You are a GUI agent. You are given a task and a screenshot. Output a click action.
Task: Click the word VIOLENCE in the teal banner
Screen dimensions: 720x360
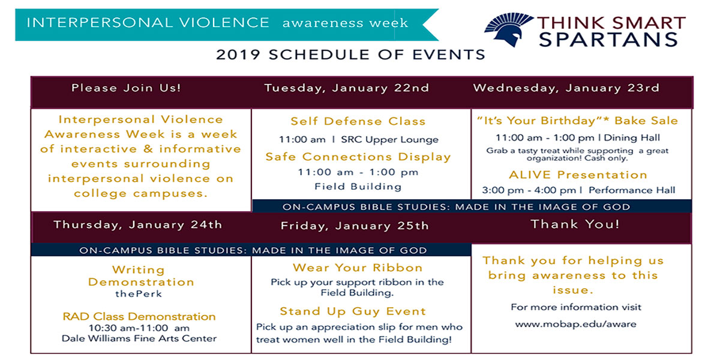point(224,23)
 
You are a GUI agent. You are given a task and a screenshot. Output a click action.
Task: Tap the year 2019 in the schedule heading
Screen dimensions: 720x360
point(238,55)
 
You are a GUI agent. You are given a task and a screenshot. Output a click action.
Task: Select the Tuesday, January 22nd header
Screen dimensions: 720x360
point(347,88)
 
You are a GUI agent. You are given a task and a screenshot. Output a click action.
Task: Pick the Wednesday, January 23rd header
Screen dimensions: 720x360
point(566,88)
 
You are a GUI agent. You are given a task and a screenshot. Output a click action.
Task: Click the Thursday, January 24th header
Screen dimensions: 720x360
point(138,224)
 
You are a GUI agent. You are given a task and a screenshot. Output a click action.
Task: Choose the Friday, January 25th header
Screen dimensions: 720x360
point(355,226)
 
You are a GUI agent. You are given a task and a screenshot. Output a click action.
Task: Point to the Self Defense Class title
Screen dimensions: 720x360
point(358,121)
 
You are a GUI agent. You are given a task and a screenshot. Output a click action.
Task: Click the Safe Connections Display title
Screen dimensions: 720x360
point(358,157)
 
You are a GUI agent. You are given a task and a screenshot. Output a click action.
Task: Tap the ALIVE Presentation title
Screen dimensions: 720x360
point(578,175)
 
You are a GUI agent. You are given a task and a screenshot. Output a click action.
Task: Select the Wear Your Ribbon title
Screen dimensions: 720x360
point(358,268)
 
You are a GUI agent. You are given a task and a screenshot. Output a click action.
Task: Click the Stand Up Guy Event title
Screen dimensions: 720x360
point(353,311)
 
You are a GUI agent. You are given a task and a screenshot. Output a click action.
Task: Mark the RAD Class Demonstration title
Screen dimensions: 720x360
point(139,317)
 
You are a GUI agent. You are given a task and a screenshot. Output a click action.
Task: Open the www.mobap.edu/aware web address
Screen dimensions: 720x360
point(575,324)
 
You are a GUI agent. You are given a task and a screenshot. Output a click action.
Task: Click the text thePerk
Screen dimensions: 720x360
point(139,294)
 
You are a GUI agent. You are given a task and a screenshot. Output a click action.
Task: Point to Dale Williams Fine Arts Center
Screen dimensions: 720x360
point(139,338)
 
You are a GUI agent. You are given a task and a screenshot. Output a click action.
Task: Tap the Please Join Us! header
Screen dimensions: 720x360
point(126,88)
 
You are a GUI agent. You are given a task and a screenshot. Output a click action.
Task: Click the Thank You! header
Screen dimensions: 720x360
point(575,224)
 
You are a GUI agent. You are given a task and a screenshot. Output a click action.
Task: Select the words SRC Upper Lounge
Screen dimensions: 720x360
point(389,139)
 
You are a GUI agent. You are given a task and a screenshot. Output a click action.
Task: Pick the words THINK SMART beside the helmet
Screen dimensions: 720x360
point(611,23)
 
